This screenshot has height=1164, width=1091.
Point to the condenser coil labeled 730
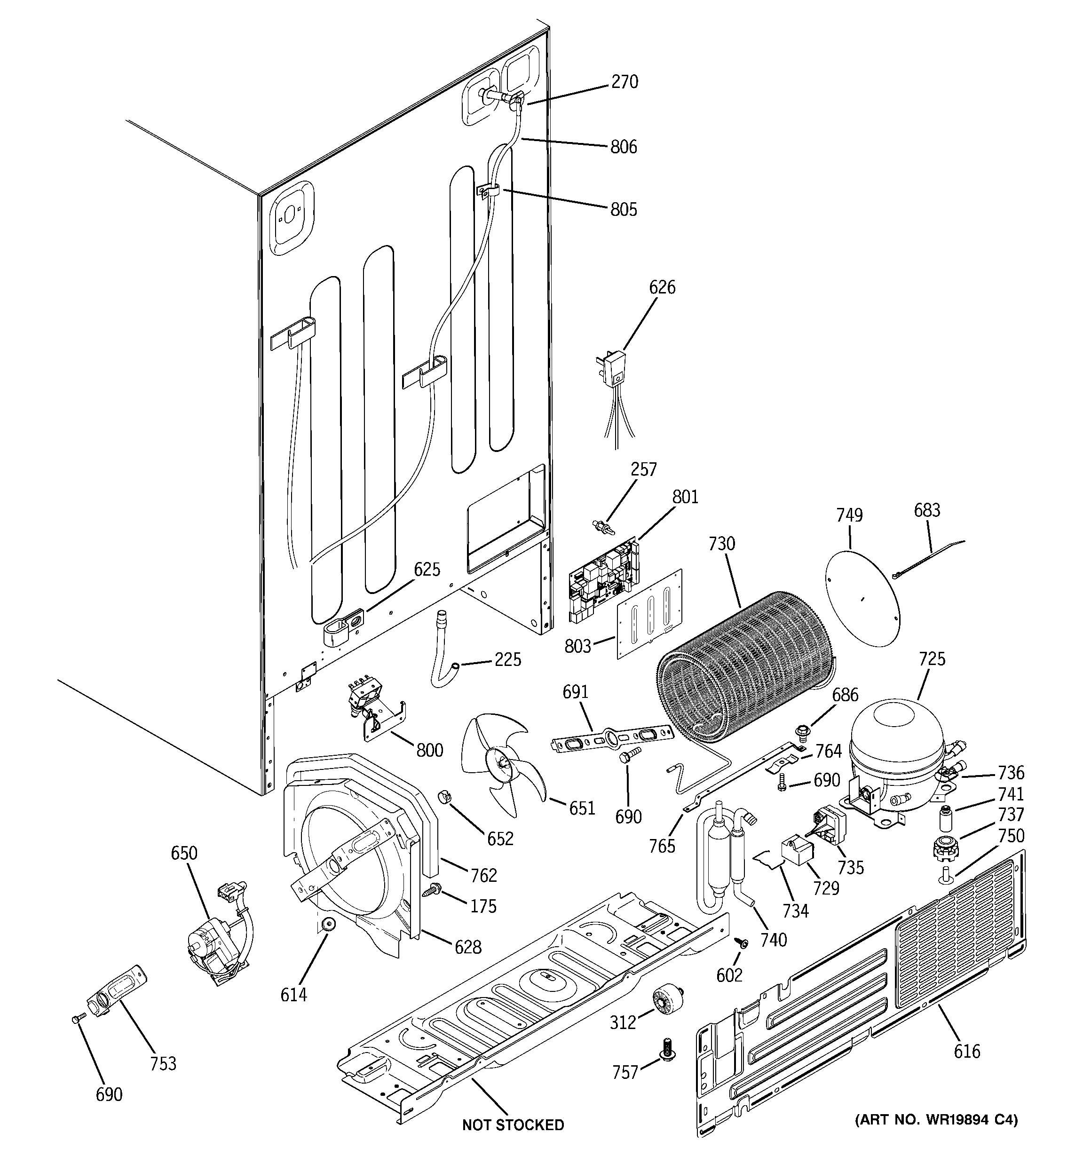pyautogui.click(x=744, y=662)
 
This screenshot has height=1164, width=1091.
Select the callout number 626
pyautogui.click(x=662, y=287)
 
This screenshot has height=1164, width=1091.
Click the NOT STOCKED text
pyautogui.click(x=513, y=1125)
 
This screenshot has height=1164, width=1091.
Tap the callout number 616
pyautogui.click(x=966, y=1052)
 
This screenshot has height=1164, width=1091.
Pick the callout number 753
pyautogui.click(x=163, y=1063)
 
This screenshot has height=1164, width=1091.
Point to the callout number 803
pyautogui.click(x=577, y=646)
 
